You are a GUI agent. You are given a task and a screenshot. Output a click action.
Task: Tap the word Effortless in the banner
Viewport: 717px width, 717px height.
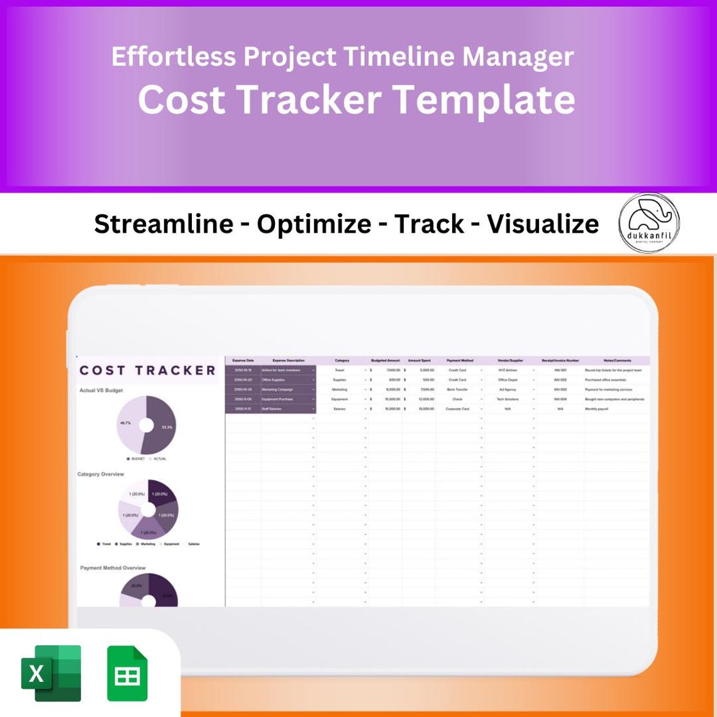coord(174,57)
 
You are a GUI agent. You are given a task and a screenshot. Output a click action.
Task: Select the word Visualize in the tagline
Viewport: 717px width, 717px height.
coord(543,224)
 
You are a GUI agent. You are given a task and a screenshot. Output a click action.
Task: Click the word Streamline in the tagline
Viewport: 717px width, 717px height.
coord(164,224)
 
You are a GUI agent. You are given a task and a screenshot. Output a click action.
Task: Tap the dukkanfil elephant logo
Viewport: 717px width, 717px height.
coord(648,223)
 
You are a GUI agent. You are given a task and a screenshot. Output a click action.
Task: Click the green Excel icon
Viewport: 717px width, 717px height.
coord(51,672)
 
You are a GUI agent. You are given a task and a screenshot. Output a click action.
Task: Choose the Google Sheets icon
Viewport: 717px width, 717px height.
coord(127,673)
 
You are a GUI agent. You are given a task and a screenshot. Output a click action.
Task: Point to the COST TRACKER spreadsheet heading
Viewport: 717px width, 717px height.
coord(147,370)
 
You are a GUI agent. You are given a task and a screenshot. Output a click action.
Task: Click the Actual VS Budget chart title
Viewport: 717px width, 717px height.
coord(101,391)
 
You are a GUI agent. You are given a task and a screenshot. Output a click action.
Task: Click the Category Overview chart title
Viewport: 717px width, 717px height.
coord(101,474)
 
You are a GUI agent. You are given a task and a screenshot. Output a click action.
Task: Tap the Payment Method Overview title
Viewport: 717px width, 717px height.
coord(113,568)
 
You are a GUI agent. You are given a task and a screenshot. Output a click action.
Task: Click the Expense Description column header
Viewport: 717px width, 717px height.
coord(288,360)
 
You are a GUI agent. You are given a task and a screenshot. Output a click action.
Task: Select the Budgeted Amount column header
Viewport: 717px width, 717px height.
coord(386,360)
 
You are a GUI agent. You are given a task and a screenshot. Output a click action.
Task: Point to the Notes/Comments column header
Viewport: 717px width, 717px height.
coord(616,360)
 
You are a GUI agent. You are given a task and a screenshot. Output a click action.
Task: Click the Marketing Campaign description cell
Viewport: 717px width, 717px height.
coord(278,389)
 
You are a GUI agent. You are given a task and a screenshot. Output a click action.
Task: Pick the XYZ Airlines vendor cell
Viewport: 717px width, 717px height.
coord(508,370)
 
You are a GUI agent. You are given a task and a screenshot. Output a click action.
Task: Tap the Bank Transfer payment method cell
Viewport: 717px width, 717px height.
coord(457,389)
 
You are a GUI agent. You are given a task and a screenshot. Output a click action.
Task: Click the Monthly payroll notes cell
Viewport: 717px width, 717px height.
coord(598,409)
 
